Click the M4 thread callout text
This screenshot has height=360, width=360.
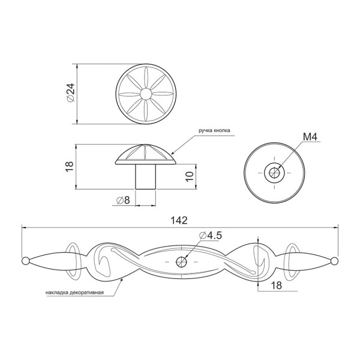(x=310, y=137)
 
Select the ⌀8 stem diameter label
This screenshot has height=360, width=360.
(x=123, y=200)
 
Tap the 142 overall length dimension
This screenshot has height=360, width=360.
(x=179, y=220)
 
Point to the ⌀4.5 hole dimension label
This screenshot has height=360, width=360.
(x=211, y=236)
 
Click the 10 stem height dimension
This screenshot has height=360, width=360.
(x=190, y=176)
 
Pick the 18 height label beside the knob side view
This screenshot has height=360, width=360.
(x=70, y=166)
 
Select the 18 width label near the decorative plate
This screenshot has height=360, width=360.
(x=277, y=286)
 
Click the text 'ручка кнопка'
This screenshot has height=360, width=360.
(x=214, y=131)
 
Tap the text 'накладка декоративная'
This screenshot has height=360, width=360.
(x=74, y=293)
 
